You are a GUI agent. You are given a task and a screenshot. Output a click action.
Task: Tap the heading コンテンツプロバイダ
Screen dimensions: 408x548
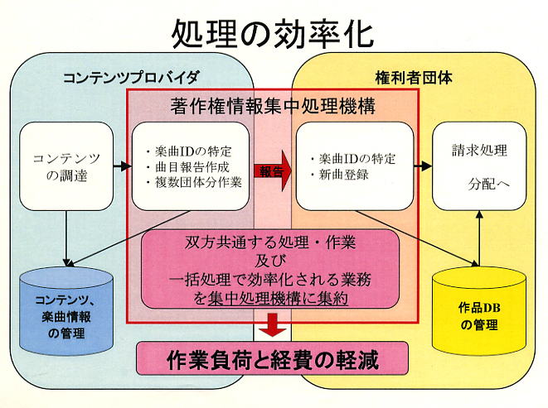pyautogui.click(x=131, y=79)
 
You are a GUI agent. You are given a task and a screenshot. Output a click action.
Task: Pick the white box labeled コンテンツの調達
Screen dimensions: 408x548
pyautogui.click(x=65, y=165)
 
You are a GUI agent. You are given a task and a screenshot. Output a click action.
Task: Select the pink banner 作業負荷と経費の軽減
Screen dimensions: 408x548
pyautogui.click(x=273, y=360)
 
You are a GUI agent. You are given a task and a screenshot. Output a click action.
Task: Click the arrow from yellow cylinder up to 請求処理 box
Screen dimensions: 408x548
pyautogui.click(x=479, y=240)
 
